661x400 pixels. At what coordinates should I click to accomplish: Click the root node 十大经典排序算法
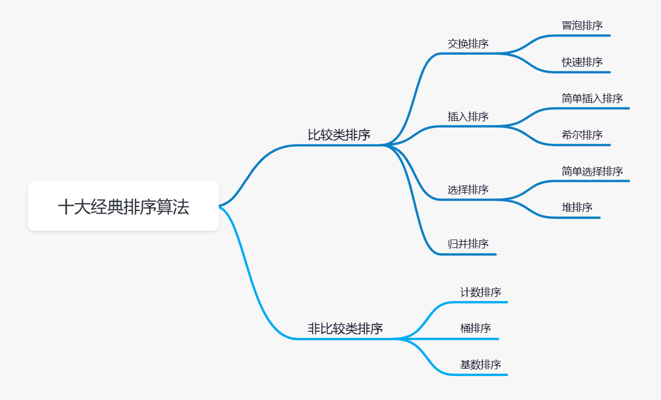[123, 206]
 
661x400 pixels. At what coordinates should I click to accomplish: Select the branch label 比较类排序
[339, 135]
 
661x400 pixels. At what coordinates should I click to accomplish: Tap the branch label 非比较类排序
[345, 329]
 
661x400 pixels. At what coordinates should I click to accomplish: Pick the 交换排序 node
[468, 44]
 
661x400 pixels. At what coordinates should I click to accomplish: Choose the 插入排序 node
[468, 117]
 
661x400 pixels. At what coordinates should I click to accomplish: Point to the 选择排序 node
[468, 190]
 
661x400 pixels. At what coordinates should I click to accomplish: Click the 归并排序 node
[468, 244]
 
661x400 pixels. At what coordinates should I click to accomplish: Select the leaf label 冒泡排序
[582, 26]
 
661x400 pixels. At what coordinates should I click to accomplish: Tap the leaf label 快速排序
[582, 62]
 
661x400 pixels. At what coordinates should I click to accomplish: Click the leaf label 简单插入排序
[592, 98]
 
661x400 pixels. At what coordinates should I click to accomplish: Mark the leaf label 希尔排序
[582, 135]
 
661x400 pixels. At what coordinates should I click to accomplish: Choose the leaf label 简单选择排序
[592, 171]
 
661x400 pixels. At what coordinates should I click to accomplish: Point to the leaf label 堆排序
[577, 207]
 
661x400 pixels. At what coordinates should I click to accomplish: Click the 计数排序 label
[480, 292]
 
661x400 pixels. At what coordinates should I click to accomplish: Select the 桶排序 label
[475, 328]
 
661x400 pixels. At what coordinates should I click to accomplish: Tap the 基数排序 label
[480, 365]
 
